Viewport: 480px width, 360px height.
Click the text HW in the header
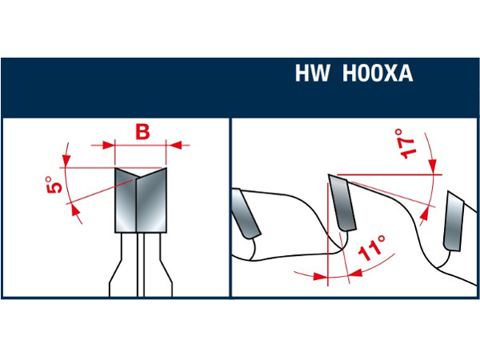click(x=312, y=73)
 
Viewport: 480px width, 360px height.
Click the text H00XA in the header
click(x=378, y=73)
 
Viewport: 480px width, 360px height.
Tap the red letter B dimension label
click(x=142, y=132)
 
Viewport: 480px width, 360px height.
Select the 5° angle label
click(x=54, y=185)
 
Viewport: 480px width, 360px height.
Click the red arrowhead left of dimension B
click(x=108, y=145)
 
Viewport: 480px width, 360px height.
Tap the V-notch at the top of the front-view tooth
click(x=137, y=178)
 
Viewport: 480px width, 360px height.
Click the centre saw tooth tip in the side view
click(x=329, y=174)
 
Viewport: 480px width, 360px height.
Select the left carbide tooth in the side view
click(x=246, y=214)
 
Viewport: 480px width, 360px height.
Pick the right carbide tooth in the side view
click(x=454, y=221)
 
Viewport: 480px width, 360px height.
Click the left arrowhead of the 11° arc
click(x=321, y=277)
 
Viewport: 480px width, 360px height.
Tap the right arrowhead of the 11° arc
click(x=355, y=273)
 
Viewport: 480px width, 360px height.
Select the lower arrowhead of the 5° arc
click(x=74, y=211)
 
